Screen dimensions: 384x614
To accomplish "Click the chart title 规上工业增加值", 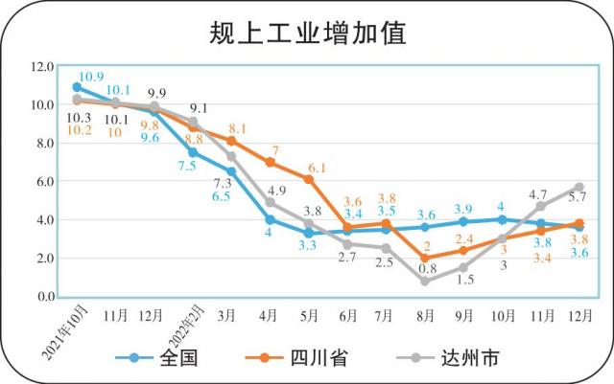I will click(307, 34).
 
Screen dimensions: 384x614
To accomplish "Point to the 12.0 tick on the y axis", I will click(42, 67).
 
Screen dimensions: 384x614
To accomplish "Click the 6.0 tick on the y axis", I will click(42, 181).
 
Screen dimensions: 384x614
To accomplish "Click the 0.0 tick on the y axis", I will click(42, 296).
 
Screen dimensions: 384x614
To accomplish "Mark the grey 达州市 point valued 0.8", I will click(424, 281).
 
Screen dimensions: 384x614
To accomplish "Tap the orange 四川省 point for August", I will click(424, 259).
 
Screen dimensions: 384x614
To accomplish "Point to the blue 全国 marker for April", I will click(270, 219).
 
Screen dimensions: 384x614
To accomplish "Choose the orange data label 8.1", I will click(239, 128).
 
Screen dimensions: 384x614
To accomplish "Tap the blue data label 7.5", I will click(187, 166).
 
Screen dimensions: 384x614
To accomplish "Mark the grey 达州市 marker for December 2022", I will click(579, 187).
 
